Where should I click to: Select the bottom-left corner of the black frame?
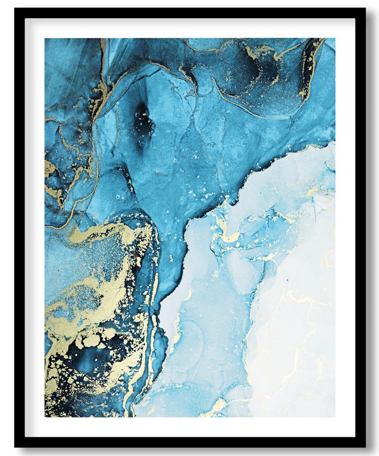[15, 446]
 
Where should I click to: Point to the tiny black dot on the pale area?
[287, 280]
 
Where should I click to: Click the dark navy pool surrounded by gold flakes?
[87, 361]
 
